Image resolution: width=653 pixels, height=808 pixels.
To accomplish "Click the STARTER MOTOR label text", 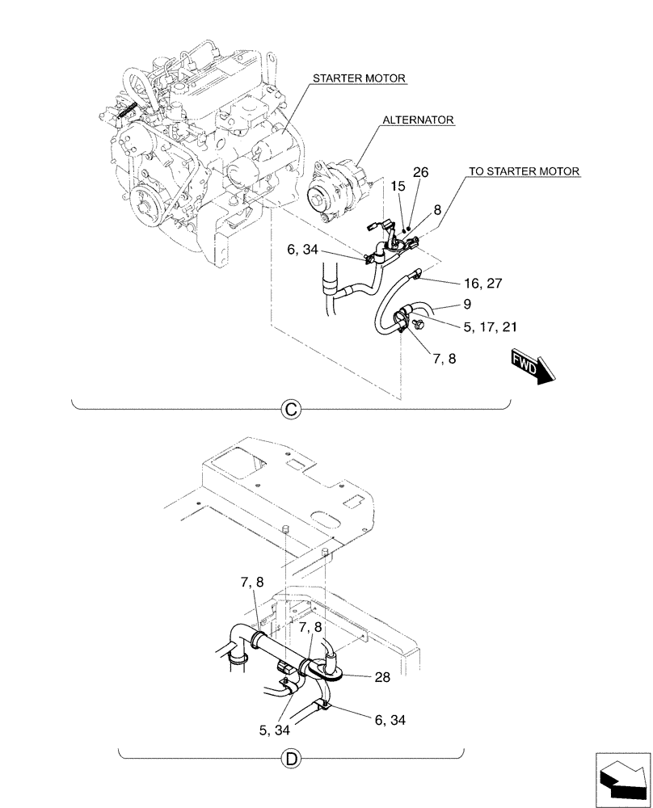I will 360,78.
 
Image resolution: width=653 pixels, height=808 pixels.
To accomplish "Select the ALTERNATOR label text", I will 418,120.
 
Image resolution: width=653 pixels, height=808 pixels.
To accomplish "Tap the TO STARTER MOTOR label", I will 522,171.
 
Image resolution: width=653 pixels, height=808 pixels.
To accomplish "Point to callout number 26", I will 420,172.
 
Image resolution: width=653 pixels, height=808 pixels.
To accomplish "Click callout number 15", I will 398,187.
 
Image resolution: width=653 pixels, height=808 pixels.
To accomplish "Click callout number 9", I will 467,305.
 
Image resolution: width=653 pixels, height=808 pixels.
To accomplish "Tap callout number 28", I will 382,678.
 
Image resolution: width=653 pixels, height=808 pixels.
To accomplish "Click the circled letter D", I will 290,758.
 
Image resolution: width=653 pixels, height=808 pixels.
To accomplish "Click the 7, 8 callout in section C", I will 443,357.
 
